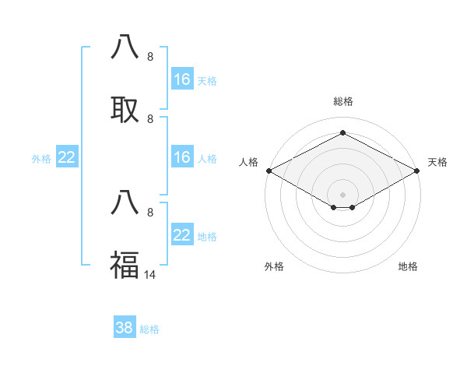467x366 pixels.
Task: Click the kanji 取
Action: (125, 110)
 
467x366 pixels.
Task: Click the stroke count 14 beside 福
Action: (149, 275)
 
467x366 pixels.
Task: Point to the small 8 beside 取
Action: (150, 119)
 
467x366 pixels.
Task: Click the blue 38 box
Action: (125, 329)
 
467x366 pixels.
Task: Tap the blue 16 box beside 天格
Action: (182, 79)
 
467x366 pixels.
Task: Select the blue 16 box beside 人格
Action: (182, 157)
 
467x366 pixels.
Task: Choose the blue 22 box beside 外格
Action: (67, 157)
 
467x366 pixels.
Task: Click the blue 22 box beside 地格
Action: (182, 235)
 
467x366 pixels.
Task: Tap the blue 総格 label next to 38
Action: (149, 329)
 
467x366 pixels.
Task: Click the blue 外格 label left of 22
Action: (41, 159)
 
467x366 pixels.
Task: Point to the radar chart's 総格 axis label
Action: (343, 101)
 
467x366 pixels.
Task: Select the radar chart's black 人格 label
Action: (249, 162)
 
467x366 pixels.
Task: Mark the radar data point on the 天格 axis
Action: (418, 171)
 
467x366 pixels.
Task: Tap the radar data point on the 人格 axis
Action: (269, 171)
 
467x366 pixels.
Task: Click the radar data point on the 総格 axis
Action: (343, 133)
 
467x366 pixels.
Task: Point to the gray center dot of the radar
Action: (343, 194)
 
